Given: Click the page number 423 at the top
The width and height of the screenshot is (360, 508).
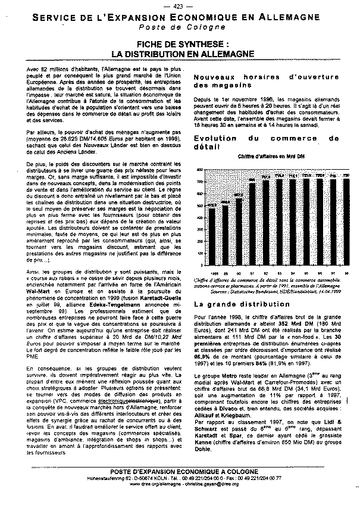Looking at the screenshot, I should (x=180, y=6).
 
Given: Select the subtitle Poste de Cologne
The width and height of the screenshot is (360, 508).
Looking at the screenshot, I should (x=179, y=27).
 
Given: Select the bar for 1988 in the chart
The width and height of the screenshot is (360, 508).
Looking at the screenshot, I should (x=212, y=238).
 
